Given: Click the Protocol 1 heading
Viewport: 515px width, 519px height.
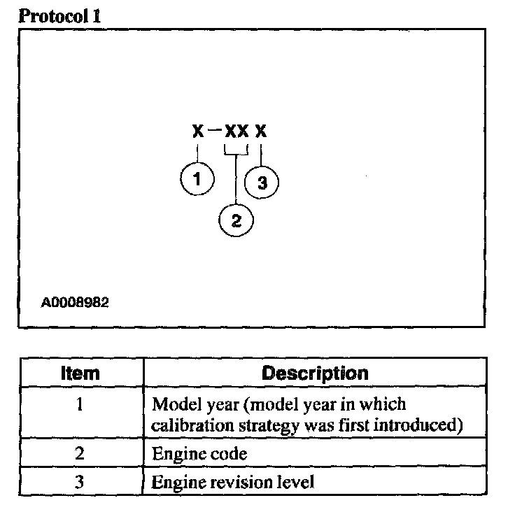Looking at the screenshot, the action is coord(59,15).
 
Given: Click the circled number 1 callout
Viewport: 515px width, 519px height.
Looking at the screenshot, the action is coord(197,180).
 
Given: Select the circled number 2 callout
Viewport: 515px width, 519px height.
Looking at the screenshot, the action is coord(236,221).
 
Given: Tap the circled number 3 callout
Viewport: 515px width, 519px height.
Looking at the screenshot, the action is coord(262,183).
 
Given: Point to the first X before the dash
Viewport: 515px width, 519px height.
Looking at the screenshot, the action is coord(198,131).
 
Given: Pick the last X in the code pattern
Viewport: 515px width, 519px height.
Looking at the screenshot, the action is coord(261,131).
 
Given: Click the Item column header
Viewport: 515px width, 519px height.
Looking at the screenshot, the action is coord(80,373).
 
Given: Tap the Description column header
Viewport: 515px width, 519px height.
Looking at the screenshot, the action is coord(314,373).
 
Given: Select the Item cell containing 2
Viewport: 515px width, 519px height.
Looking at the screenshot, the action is coord(80,453).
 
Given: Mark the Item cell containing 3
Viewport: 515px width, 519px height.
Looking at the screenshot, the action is coord(80,481).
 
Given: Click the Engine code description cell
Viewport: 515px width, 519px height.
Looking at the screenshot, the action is coord(199,453).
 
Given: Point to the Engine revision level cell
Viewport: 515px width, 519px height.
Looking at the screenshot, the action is coord(233,481).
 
